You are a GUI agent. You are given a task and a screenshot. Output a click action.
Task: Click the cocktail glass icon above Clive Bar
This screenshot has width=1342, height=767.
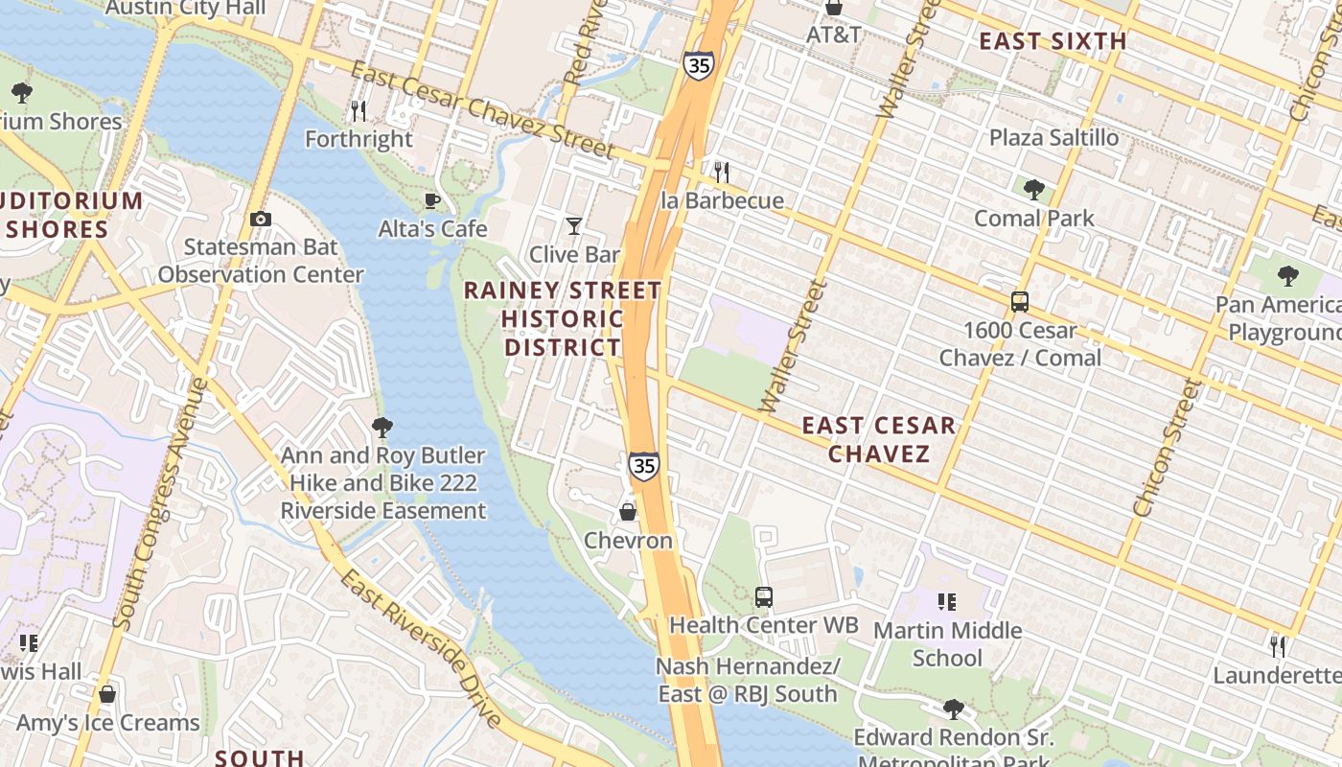(x=574, y=226)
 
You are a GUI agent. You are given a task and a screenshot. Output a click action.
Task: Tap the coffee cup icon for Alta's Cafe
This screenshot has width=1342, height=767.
(x=432, y=200)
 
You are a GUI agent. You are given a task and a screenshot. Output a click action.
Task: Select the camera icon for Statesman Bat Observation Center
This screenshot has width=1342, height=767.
(x=260, y=219)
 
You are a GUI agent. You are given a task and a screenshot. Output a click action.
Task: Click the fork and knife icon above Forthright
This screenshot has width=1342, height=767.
(x=359, y=110)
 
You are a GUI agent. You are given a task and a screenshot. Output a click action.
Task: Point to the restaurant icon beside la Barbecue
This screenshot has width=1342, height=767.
(x=722, y=172)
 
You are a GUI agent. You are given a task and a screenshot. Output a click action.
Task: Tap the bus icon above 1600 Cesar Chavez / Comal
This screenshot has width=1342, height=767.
(x=1020, y=302)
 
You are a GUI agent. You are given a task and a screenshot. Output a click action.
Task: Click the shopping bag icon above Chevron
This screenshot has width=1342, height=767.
(x=628, y=512)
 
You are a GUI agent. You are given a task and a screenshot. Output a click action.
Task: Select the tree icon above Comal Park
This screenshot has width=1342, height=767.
(x=1033, y=189)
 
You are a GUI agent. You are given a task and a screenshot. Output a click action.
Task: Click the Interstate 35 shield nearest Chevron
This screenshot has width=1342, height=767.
(x=644, y=466)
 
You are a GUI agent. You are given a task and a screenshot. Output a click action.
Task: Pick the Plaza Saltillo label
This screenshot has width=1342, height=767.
(x=1053, y=137)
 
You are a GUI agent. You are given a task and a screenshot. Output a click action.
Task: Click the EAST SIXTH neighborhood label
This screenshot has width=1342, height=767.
(x=1053, y=41)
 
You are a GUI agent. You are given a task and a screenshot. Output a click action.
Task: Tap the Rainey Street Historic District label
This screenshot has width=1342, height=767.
(x=564, y=318)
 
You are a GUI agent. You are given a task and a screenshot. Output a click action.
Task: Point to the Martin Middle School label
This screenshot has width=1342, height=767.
(x=947, y=644)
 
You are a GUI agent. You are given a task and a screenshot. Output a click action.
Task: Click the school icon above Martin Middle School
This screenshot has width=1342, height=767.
(x=947, y=602)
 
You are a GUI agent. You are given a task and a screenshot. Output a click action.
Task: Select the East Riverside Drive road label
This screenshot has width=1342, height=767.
(x=421, y=647)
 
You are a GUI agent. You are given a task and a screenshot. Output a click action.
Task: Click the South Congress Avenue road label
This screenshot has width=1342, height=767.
(x=160, y=503)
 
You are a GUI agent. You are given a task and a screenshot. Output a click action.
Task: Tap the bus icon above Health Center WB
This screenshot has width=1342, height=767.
(x=764, y=596)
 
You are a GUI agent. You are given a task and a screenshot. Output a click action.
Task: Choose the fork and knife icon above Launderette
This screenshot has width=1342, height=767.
(x=1278, y=646)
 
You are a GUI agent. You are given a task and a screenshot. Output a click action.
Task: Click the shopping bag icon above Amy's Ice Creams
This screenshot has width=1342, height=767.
(x=107, y=693)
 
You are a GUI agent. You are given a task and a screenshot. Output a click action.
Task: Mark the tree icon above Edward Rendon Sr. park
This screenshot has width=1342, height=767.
(x=953, y=709)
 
